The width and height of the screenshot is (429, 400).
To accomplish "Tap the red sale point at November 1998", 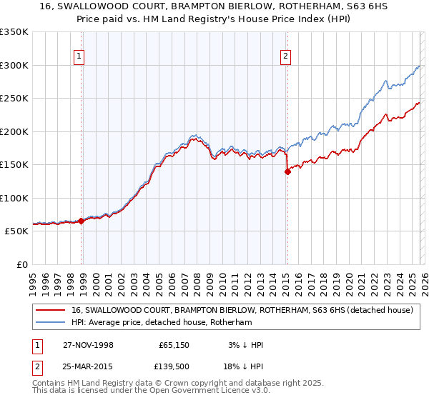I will [x=82, y=221].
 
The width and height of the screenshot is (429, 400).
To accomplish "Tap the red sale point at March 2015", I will [x=287, y=171].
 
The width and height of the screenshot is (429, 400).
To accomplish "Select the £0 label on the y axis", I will [x=21, y=264].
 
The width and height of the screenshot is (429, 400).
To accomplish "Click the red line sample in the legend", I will [x=51, y=310].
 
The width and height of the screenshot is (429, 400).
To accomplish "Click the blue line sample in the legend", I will [x=51, y=322].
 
